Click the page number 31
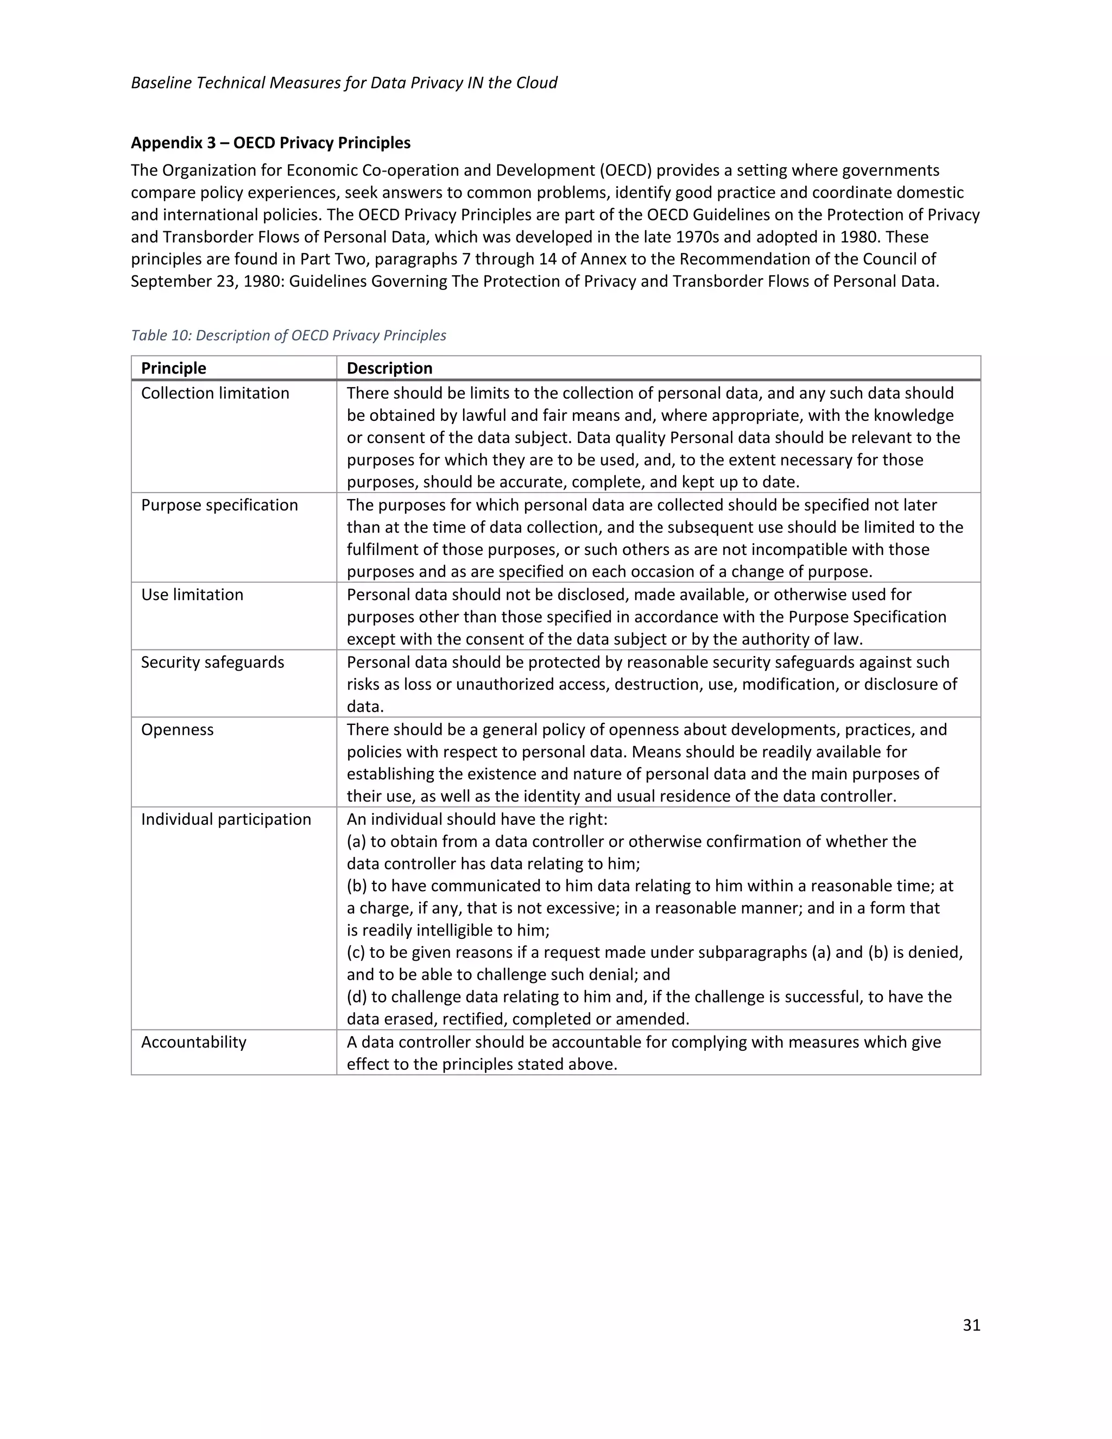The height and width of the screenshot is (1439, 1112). click(971, 1325)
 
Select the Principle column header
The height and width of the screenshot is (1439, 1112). click(173, 368)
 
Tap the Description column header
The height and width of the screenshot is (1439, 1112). click(389, 368)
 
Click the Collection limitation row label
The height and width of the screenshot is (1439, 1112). click(215, 393)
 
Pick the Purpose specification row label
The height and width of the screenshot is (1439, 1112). click(219, 506)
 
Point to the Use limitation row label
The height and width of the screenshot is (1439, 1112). click(192, 595)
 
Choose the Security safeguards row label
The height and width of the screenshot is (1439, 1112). click(212, 662)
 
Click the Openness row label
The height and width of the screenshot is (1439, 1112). click(177, 730)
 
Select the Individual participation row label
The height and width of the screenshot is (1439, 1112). click(226, 819)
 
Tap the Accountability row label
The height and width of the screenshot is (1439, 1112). click(194, 1043)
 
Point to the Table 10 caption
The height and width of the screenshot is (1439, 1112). click(288, 336)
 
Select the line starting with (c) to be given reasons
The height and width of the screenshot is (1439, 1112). click(654, 953)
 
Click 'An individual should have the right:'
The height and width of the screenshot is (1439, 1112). click(477, 819)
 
